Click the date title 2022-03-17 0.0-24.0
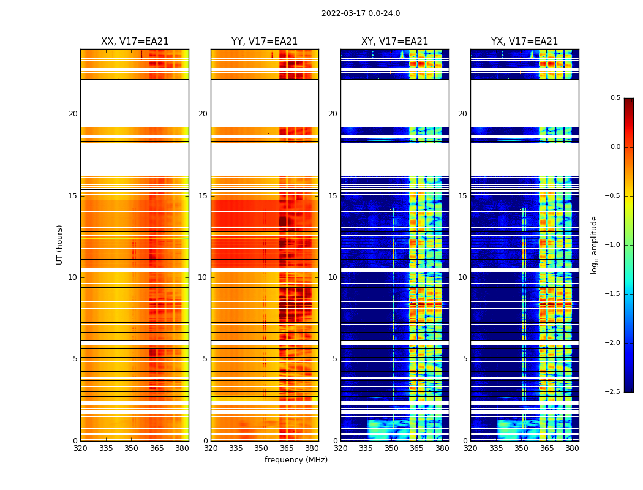point(361,13)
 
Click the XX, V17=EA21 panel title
point(135,42)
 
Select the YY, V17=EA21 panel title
point(265,42)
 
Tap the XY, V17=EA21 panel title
point(394,42)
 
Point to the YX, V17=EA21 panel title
point(524,42)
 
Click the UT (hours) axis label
point(60,244)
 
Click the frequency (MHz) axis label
point(296,460)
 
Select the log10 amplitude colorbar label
point(594,244)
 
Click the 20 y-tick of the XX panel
point(73,114)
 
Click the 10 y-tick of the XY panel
point(333,277)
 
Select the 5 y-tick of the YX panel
point(465,359)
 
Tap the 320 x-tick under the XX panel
point(80,448)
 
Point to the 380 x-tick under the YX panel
point(572,448)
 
